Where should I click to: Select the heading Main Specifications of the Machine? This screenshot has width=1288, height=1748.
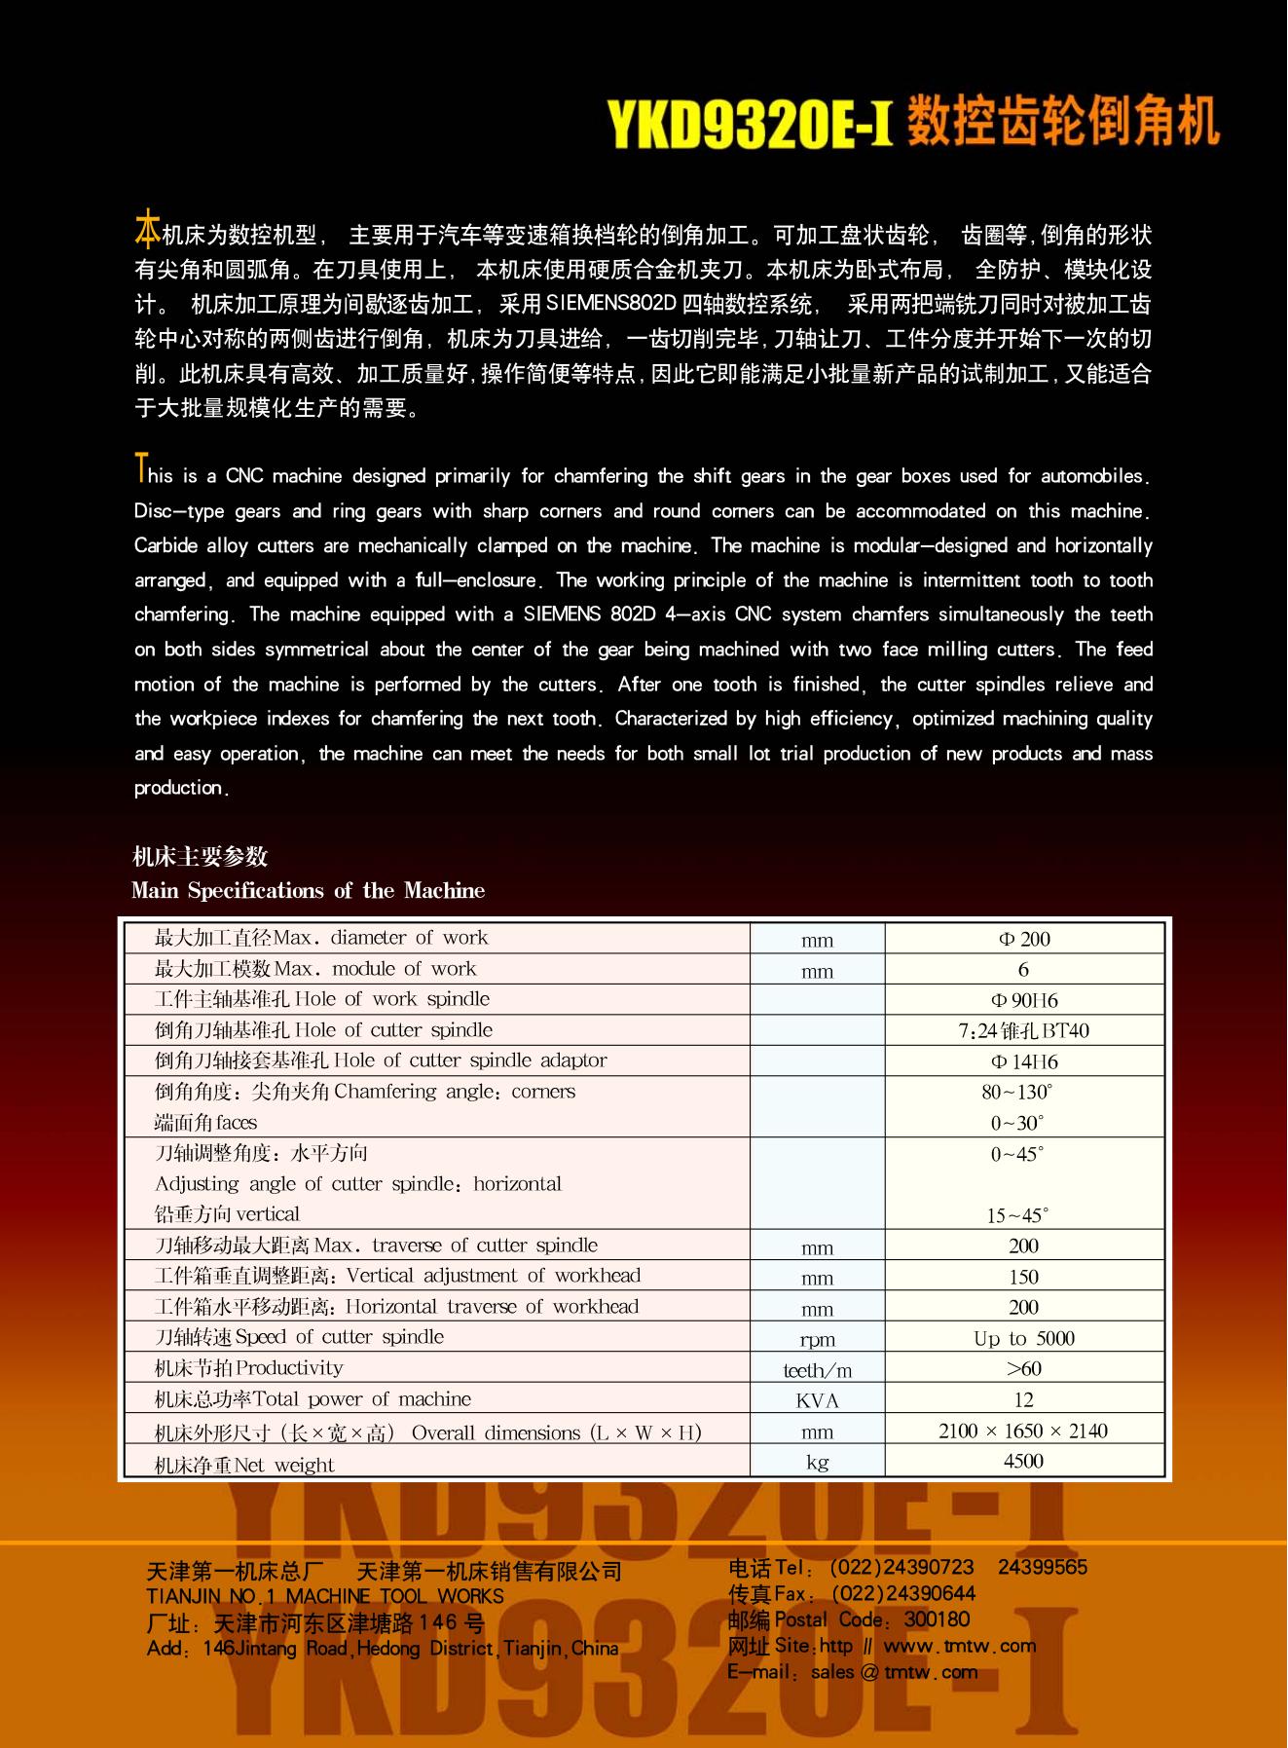pyautogui.click(x=308, y=890)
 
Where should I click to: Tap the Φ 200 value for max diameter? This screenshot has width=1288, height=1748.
pyautogui.click(x=1024, y=940)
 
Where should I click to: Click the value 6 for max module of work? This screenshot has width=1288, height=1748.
pyautogui.click(x=1023, y=970)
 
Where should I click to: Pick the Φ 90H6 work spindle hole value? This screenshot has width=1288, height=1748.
pyautogui.click(x=1024, y=1000)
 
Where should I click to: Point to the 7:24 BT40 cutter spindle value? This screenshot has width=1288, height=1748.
pyautogui.click(x=1023, y=1031)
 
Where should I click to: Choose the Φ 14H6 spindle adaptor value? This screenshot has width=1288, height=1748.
pyautogui.click(x=1024, y=1061)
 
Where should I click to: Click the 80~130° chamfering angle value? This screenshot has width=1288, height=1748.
pyautogui.click(x=1017, y=1093)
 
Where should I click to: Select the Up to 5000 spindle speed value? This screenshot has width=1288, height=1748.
pyautogui.click(x=1024, y=1338)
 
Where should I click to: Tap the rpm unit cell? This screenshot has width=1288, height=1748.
pyautogui.click(x=818, y=1340)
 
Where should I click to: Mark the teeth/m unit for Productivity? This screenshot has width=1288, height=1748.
pyautogui.click(x=818, y=1371)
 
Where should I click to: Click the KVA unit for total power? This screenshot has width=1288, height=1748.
pyautogui.click(x=818, y=1401)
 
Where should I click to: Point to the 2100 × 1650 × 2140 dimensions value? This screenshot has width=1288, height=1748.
pyautogui.click(x=1023, y=1431)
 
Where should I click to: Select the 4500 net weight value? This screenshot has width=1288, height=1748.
pyautogui.click(x=1023, y=1461)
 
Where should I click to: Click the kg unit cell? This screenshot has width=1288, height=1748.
pyautogui.click(x=818, y=1463)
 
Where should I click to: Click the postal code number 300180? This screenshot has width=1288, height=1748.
pyautogui.click(x=937, y=1619)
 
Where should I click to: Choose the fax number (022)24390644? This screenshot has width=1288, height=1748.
pyautogui.click(x=903, y=1593)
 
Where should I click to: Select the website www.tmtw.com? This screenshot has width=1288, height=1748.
pyautogui.click(x=960, y=1646)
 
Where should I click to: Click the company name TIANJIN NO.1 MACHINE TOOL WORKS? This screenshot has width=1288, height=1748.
pyautogui.click(x=325, y=1596)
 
